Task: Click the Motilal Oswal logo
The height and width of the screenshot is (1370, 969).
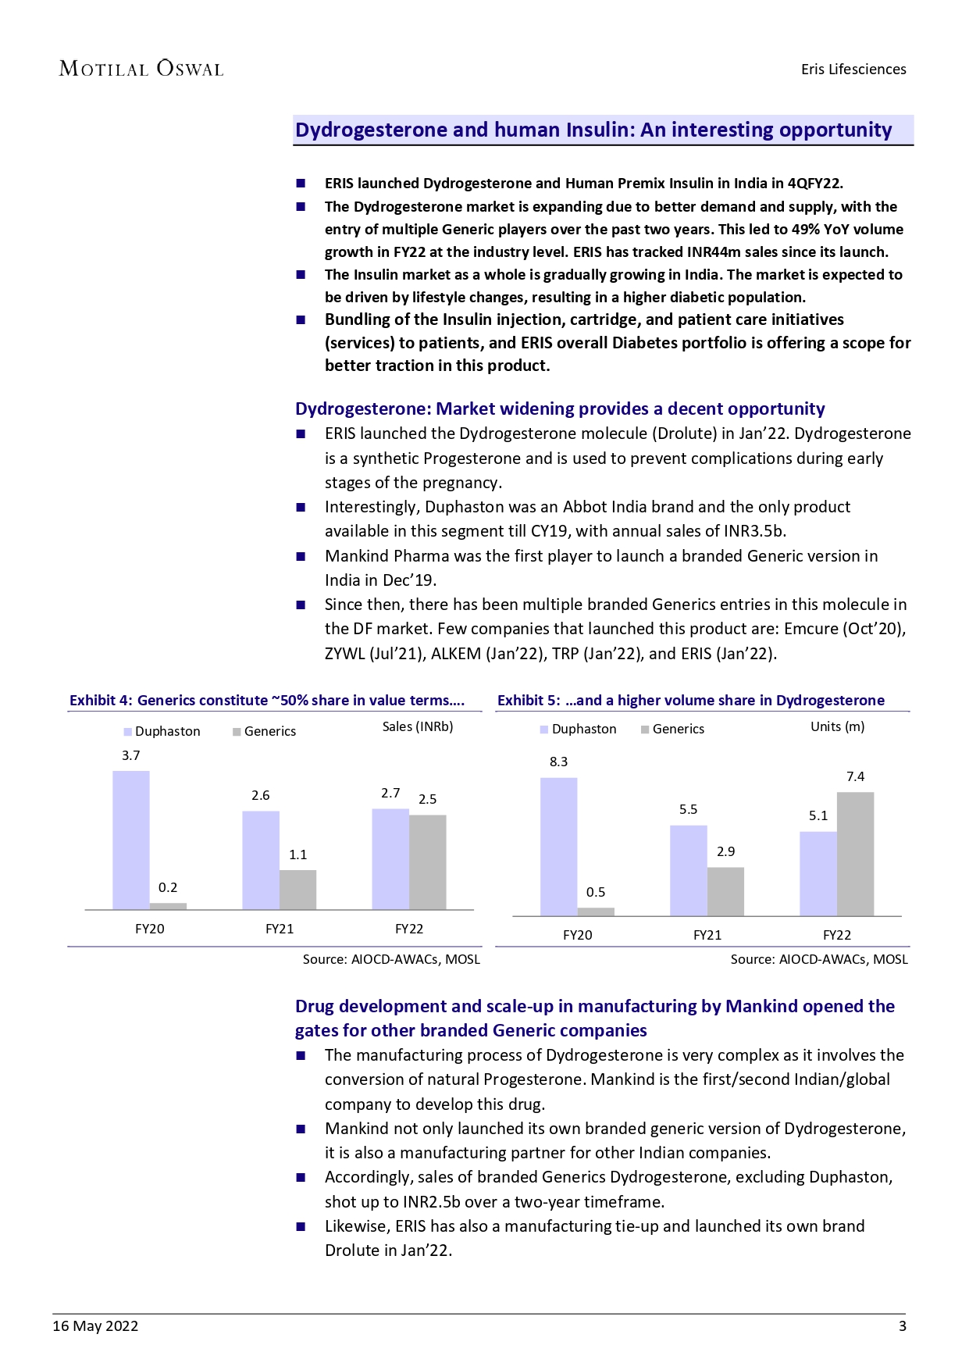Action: click(x=141, y=69)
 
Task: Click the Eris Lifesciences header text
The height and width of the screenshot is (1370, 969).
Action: click(x=853, y=70)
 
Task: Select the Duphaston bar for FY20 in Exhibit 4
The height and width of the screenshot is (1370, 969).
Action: click(x=131, y=840)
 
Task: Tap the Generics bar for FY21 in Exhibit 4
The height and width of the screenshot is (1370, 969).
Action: click(x=297, y=890)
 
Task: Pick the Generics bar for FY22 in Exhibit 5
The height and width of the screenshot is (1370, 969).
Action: click(x=855, y=854)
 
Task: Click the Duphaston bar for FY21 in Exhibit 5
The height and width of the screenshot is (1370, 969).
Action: click(x=688, y=870)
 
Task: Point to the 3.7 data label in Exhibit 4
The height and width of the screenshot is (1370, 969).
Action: click(x=131, y=755)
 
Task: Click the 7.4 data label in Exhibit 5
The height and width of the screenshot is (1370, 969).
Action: click(x=855, y=776)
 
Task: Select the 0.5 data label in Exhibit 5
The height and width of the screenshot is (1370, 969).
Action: click(x=596, y=892)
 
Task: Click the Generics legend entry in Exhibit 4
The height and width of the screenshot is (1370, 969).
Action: click(x=265, y=731)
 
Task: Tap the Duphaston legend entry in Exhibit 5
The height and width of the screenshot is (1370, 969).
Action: click(x=579, y=729)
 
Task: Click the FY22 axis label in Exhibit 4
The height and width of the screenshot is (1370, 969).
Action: click(x=409, y=929)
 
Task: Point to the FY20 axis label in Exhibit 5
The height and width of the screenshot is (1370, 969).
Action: click(x=578, y=935)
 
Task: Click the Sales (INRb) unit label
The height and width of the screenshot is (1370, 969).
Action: click(x=418, y=726)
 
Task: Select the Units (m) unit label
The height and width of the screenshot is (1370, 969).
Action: click(x=837, y=726)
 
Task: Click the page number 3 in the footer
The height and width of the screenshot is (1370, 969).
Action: click(x=903, y=1325)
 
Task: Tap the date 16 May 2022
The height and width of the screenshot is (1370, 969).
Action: click(x=95, y=1325)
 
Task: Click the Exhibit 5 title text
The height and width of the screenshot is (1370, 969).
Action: click(x=691, y=701)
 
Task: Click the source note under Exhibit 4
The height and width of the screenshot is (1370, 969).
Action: click(x=391, y=959)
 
